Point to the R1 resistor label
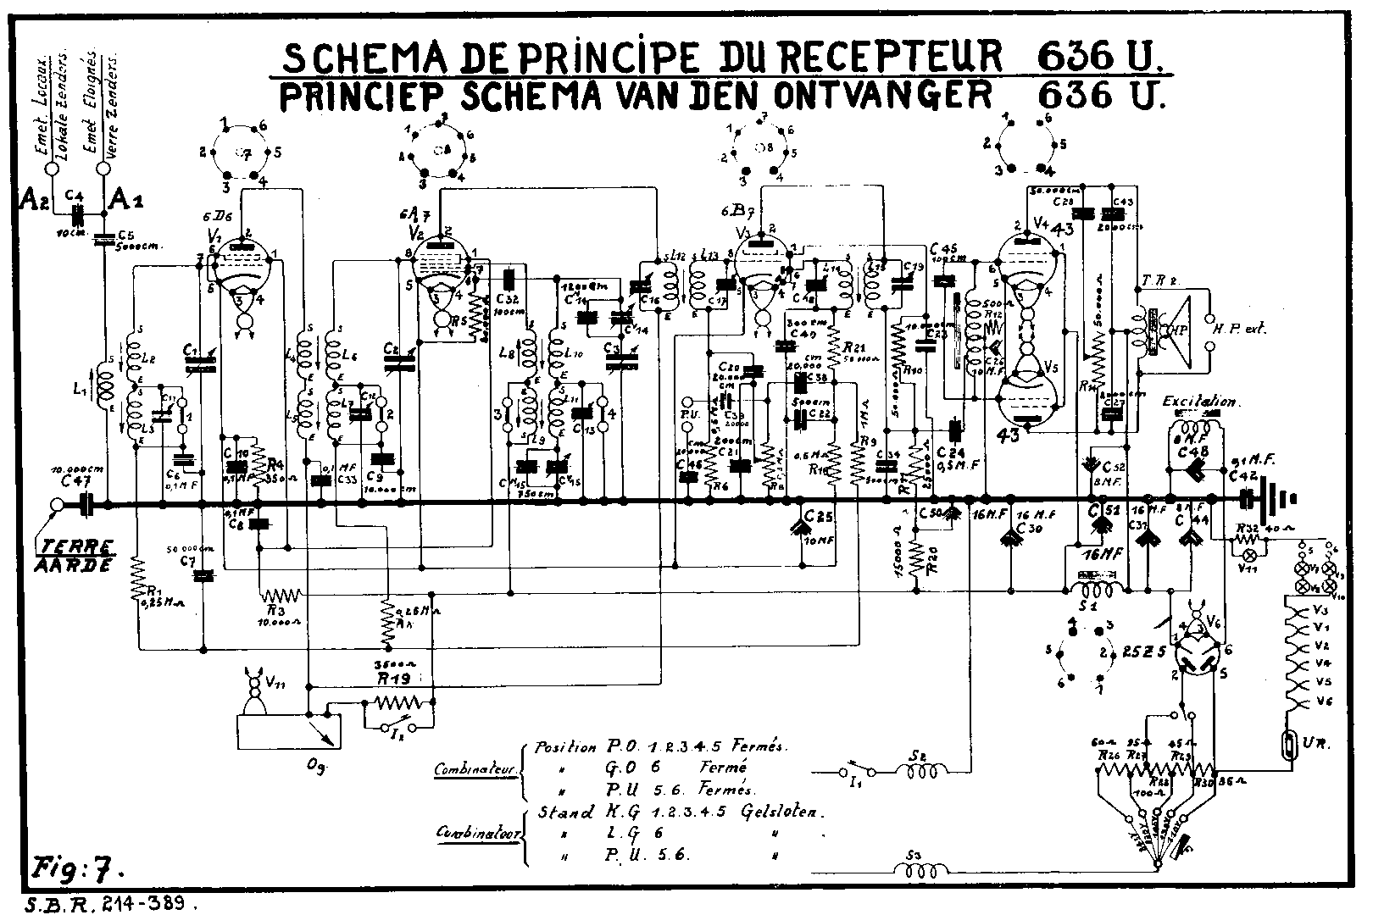[x=154, y=592]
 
